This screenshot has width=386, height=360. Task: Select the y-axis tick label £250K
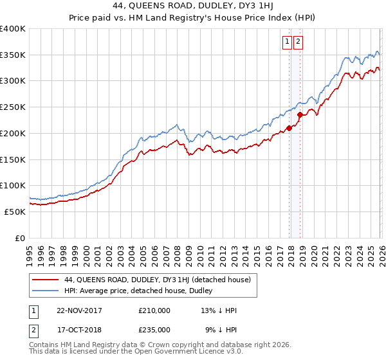pyautogui.click(x=13, y=107)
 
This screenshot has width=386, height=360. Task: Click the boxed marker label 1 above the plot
pyautogui.click(x=287, y=42)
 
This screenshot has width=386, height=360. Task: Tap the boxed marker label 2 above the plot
pyautogui.click(x=299, y=42)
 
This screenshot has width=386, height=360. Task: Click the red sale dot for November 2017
pyautogui.click(x=289, y=128)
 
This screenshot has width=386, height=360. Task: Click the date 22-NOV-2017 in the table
pyautogui.click(x=80, y=310)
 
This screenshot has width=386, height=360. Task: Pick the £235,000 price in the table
pyautogui.click(x=154, y=329)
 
